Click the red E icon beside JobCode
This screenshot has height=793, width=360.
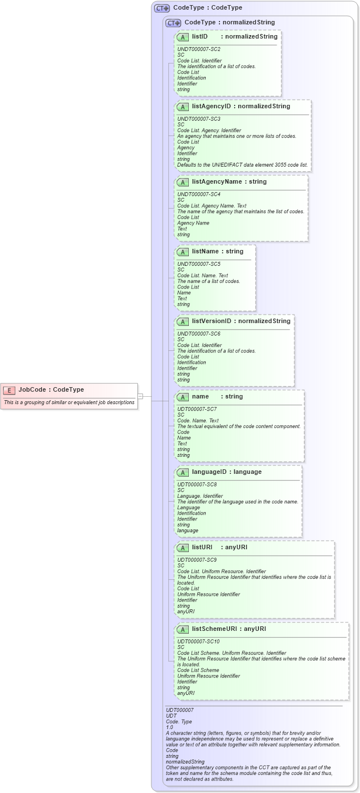9,390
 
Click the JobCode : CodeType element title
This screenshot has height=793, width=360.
51,389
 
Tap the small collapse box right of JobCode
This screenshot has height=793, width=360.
140,396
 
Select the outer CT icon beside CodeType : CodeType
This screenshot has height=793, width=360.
162,8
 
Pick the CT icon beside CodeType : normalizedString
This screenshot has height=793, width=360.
173,23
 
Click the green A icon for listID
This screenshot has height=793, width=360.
183,37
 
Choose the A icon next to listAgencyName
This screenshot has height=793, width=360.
183,182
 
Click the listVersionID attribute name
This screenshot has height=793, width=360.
211,321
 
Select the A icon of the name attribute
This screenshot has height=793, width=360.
183,397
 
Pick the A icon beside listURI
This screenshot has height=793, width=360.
183,548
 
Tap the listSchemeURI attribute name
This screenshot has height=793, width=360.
215,629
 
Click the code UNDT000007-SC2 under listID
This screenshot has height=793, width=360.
198,49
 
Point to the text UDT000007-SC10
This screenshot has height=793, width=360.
198,641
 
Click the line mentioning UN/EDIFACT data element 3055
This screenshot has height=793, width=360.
243,165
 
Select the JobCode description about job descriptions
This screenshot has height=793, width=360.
69,402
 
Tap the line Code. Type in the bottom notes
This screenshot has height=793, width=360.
179,721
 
